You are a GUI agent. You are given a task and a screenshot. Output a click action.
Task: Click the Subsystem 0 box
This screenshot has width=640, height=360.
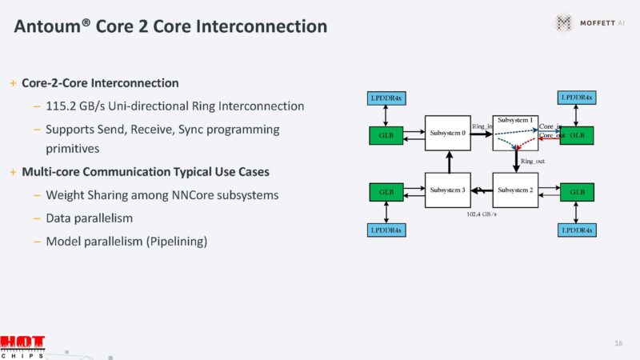pos(447,133)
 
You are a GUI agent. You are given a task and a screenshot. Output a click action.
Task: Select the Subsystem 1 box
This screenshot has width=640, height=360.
pos(515,133)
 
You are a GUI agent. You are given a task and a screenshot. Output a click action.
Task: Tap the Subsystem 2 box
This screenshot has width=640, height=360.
pos(515,190)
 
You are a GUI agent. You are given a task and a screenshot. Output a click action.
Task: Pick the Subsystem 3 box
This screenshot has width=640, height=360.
pos(447,190)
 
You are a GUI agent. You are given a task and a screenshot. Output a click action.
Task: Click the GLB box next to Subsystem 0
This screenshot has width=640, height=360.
pos(386,135)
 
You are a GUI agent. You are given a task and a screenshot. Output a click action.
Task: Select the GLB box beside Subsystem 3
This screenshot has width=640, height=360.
pos(386,192)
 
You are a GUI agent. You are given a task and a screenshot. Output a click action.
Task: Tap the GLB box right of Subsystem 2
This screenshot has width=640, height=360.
pos(577,192)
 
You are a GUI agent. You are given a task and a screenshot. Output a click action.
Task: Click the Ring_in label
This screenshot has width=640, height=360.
pos(482,126)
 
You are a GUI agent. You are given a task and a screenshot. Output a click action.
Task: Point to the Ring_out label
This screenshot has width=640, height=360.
pos(533,162)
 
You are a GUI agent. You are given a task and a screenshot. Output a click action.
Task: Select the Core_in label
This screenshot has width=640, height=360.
pos(550,126)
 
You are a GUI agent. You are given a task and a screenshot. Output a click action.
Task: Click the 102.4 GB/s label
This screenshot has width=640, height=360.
pos(482,214)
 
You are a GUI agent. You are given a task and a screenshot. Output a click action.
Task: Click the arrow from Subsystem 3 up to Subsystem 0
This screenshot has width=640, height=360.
pos(448,162)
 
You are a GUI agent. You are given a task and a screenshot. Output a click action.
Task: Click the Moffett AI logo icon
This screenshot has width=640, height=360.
pos(566,23)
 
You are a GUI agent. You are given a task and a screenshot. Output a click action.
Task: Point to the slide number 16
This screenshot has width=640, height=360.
pos(618,343)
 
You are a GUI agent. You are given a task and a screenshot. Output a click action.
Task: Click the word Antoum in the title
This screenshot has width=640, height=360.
pos(49,26)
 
